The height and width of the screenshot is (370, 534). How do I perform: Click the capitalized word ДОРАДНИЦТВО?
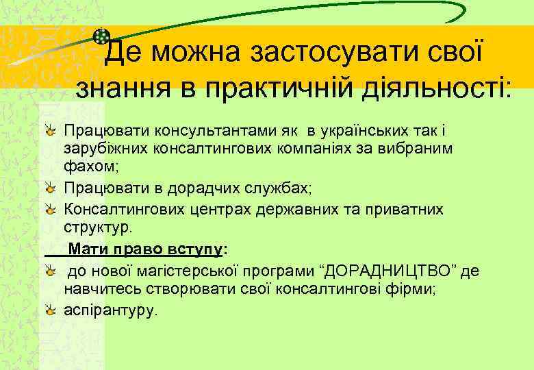coord(392,271)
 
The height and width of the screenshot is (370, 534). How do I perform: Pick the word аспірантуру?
coord(110,310)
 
